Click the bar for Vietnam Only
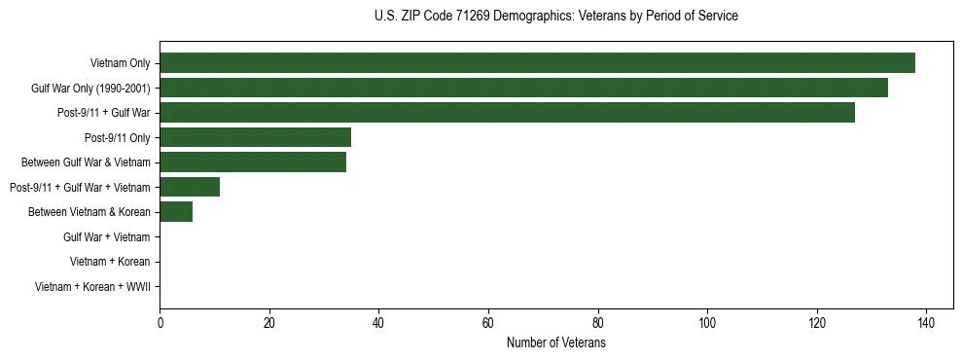coord(537,63)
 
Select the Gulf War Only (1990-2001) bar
coord(523,88)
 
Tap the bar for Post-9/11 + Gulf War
coord(507,113)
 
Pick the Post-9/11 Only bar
coord(255,137)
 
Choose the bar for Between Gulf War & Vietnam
coord(253,162)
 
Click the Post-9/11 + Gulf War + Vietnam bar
coord(190,187)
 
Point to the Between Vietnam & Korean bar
coord(176,212)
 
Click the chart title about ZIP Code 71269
coord(555,17)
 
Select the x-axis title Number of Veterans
coord(555,343)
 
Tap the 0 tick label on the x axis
coord(160,323)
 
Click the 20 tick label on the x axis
coord(269,323)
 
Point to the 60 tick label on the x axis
coord(488,323)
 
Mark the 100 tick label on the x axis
coord(707,323)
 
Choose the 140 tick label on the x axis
coord(926,323)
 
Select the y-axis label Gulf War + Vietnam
coord(106,237)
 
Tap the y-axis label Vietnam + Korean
coord(110,262)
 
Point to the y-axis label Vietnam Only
coord(120,63)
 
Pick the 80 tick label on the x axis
coord(598,323)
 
